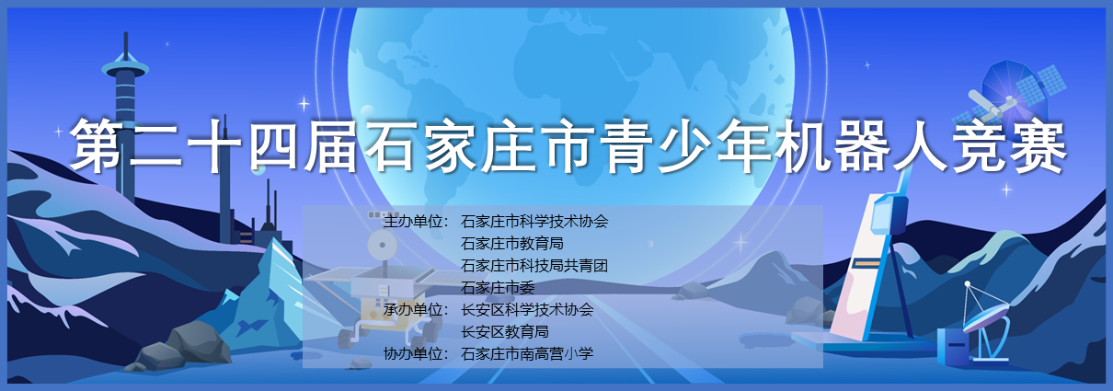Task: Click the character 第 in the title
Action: tap(97, 145)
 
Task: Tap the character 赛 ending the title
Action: tap(1038, 147)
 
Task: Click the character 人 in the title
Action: tap(920, 146)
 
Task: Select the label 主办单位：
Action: tap(417, 221)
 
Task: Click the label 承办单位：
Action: tap(417, 309)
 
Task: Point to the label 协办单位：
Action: tap(417, 353)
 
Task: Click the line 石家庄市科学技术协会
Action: tap(534, 221)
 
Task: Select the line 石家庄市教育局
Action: tap(512, 244)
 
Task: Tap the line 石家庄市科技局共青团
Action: tap(534, 265)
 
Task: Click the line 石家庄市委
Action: tap(498, 288)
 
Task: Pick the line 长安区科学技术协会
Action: tap(527, 309)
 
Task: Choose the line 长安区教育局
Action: tap(505, 332)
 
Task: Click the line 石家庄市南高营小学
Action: tap(527, 353)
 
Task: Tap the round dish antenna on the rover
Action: tap(382, 245)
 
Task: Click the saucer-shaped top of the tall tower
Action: tap(125, 69)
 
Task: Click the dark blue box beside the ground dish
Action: tap(953, 346)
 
